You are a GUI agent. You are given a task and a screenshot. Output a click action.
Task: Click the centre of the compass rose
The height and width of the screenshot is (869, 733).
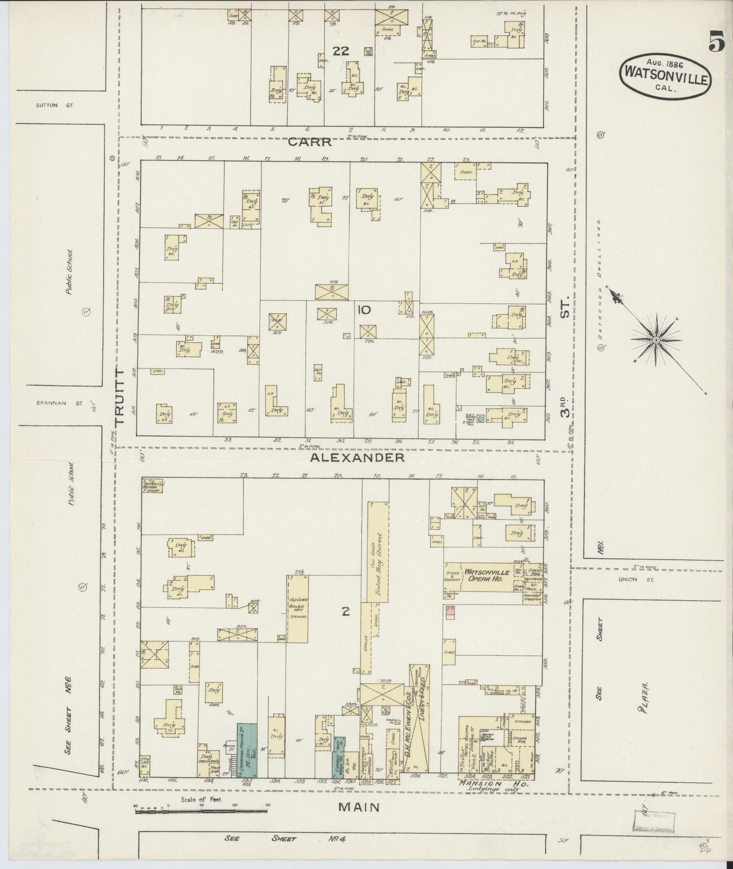(x=656, y=339)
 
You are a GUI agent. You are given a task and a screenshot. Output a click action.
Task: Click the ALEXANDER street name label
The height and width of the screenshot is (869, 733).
(x=357, y=458)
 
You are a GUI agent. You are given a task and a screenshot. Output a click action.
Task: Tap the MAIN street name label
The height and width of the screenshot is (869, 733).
(x=359, y=807)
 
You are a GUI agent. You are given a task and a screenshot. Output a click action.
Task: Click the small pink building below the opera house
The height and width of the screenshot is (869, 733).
(x=449, y=611)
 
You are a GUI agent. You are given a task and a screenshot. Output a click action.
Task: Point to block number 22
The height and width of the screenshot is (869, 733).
(x=341, y=50)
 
